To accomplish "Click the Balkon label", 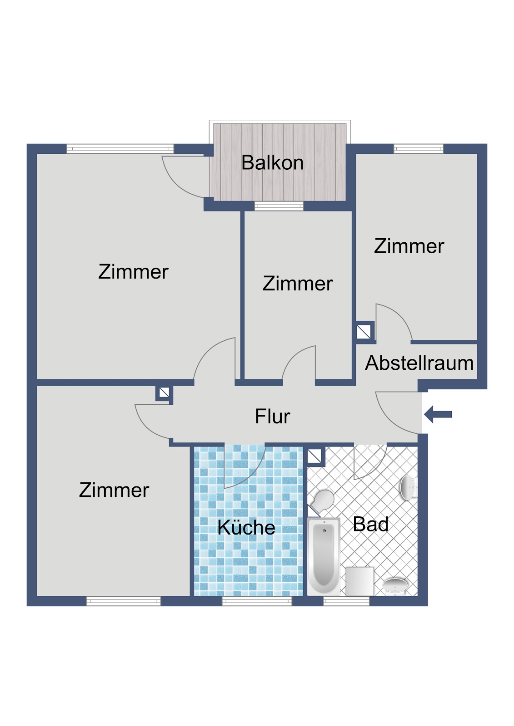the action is [272, 162].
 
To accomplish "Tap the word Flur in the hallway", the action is [272, 416].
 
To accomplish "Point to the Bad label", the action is [370, 524].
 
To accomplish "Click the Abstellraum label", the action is [419, 363].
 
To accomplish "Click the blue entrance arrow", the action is [438, 414].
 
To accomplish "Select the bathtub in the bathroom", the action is [324, 558].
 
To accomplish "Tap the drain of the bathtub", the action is [324, 531].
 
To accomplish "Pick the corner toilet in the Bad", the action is [322, 501].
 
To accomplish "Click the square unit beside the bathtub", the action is [360, 581].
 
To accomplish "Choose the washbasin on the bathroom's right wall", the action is [409, 487].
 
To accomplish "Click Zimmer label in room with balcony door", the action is [133, 272].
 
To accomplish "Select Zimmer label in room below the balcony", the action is [297, 284].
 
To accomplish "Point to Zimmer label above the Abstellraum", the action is [409, 246].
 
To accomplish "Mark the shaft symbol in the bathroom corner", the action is [314, 456].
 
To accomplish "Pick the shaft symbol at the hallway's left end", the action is [164, 393].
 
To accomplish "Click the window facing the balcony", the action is [279, 206].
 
